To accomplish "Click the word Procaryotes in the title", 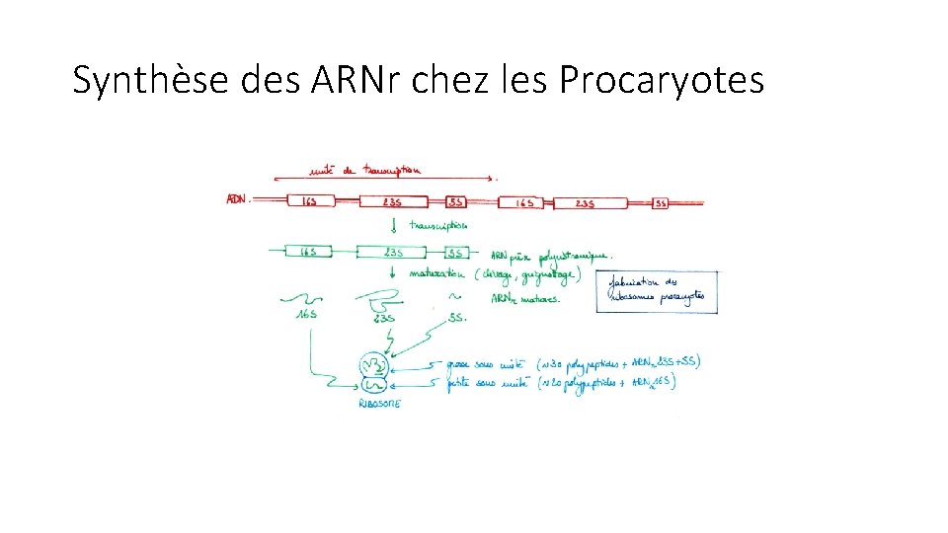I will [x=661, y=80].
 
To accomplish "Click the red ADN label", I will [x=237, y=199].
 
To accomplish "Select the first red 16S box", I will [x=309, y=201].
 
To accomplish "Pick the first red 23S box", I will [x=392, y=201].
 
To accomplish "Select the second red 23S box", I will [x=590, y=203].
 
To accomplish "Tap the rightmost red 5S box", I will [x=661, y=203].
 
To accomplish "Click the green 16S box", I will [x=309, y=252].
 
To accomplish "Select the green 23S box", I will [x=393, y=252].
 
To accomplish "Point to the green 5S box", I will [x=455, y=252].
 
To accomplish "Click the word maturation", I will [x=437, y=273].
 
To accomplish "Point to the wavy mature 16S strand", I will [x=303, y=297].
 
